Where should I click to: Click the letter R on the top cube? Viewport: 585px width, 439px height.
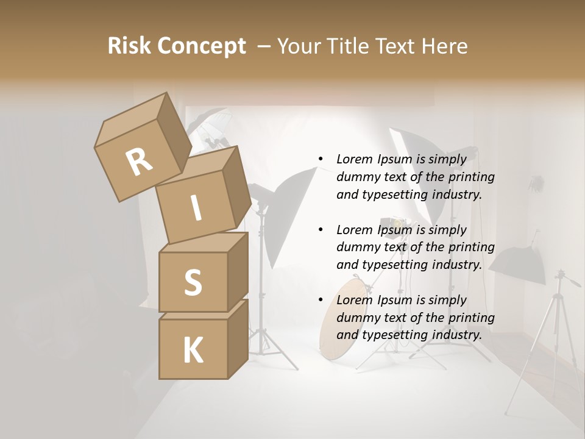(140, 162)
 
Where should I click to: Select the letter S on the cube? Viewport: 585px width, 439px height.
(193, 282)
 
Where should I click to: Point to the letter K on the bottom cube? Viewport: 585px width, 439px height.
(193, 351)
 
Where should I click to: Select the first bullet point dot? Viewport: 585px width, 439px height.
(321, 159)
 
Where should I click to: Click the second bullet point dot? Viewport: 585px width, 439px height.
(321, 230)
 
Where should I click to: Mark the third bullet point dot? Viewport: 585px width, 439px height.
(321, 300)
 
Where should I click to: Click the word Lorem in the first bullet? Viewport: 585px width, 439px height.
(354, 159)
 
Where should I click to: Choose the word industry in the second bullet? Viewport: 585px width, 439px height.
(457, 265)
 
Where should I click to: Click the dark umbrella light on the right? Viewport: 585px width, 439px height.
(517, 264)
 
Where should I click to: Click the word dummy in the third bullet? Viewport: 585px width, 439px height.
(356, 318)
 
